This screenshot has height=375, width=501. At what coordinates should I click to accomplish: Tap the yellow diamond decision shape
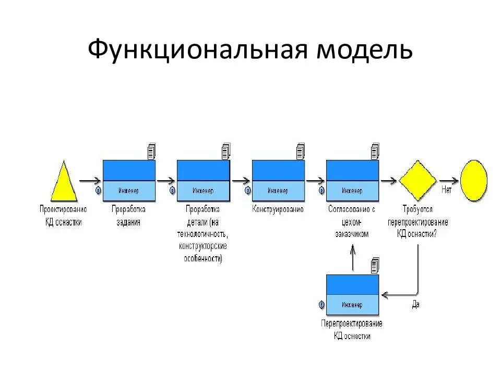(x=418, y=181)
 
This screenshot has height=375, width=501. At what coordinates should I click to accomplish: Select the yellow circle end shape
(x=473, y=180)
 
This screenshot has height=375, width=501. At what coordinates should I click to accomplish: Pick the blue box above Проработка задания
(x=129, y=180)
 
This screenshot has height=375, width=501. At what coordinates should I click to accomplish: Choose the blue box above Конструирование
(x=278, y=180)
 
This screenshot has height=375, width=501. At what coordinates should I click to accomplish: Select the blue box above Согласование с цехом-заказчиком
(x=352, y=180)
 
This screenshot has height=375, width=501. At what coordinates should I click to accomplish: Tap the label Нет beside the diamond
(x=447, y=190)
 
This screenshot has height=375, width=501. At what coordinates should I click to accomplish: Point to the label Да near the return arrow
(x=415, y=305)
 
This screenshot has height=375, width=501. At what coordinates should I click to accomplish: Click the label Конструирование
(x=278, y=209)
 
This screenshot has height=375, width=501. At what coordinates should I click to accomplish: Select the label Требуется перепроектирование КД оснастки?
(x=417, y=221)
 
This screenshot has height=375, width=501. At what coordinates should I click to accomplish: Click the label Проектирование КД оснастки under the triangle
(x=63, y=215)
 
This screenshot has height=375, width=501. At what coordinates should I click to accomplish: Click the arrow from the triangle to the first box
(x=90, y=181)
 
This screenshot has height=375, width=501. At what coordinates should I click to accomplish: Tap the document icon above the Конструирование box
(x=301, y=151)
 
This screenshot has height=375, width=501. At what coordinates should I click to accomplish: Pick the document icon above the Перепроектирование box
(x=375, y=265)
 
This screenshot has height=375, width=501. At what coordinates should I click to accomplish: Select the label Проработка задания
(x=128, y=215)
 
